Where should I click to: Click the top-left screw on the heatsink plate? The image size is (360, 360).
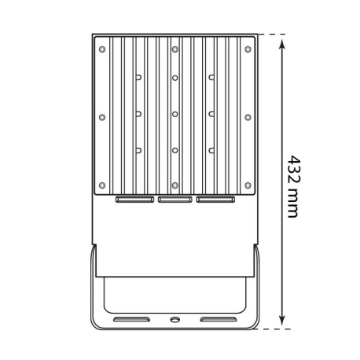[102, 49]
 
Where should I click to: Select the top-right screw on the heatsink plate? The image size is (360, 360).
[248, 49]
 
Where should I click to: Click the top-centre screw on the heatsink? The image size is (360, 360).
[175, 49]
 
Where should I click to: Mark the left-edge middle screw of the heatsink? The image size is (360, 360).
[102, 117]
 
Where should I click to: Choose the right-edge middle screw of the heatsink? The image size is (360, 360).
[248, 117]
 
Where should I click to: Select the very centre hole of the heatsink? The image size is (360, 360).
[175, 112]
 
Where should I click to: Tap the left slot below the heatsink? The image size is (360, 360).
[134, 200]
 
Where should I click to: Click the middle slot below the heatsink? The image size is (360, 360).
[174, 200]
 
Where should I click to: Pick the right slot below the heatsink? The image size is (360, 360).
[215, 200]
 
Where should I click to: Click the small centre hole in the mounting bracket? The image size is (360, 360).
[174, 321]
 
